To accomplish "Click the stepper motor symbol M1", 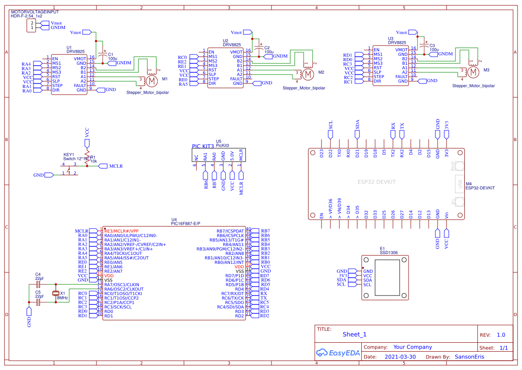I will coord(152,81).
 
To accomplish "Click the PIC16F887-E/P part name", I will coord(186,223).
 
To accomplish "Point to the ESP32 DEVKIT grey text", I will coord(377,182).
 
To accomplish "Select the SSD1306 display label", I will coord(388,253).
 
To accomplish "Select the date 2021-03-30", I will coord(400,357).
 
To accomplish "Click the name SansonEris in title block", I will coord(469,357).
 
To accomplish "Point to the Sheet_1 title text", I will coord(355,335).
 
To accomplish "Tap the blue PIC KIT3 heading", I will coord(204,146).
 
